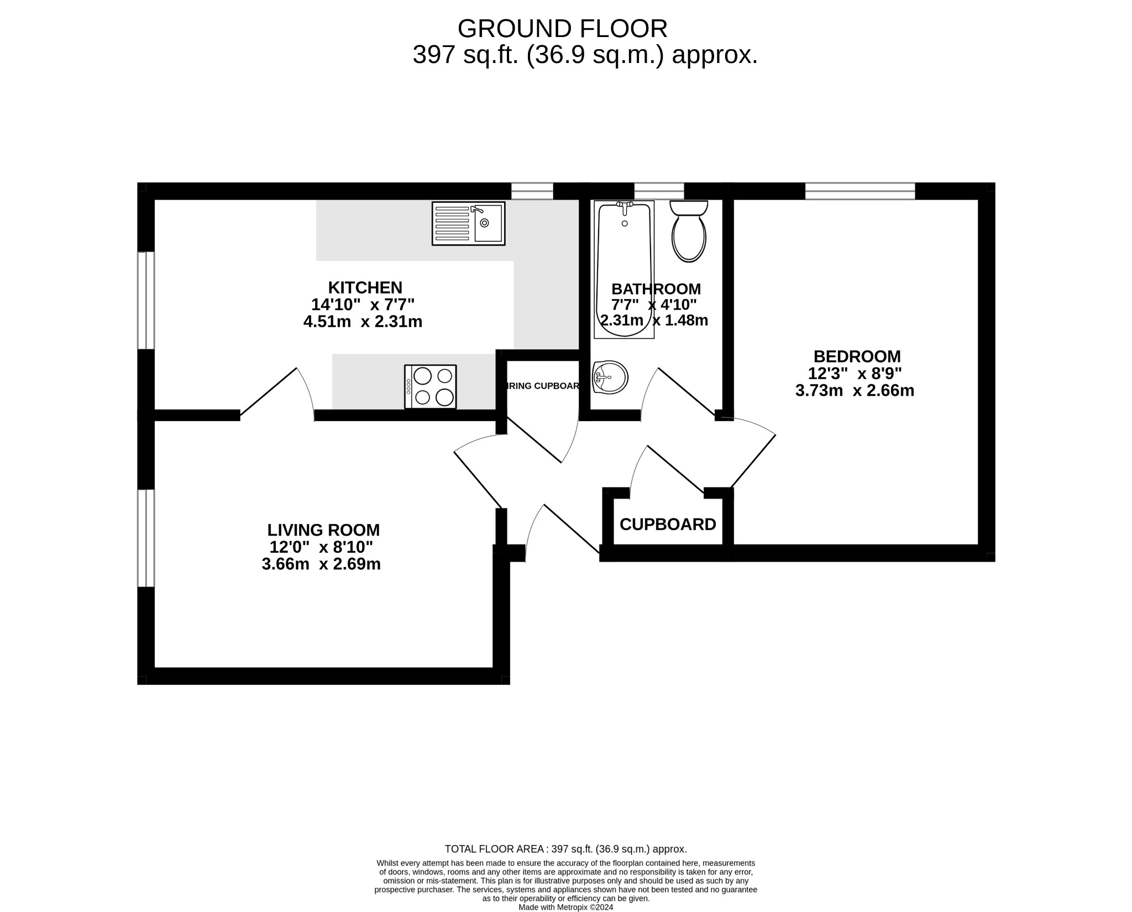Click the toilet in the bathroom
click(x=688, y=232)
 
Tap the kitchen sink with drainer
click(x=468, y=223)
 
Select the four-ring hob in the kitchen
click(x=430, y=386)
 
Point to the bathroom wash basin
click(x=610, y=377)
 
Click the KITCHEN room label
click(x=365, y=287)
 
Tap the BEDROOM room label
click(x=857, y=356)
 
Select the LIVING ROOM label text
click(x=323, y=530)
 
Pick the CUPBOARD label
click(x=668, y=524)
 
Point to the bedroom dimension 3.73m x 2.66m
click(x=855, y=391)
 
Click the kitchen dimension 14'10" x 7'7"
click(x=363, y=305)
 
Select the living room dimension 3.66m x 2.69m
click(x=321, y=564)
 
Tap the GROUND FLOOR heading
click(x=562, y=28)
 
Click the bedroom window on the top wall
click(x=860, y=191)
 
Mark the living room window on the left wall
click(x=146, y=538)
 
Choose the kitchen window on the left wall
click(x=146, y=300)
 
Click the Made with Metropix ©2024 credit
click(x=565, y=907)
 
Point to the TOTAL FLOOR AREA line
click(x=565, y=849)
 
